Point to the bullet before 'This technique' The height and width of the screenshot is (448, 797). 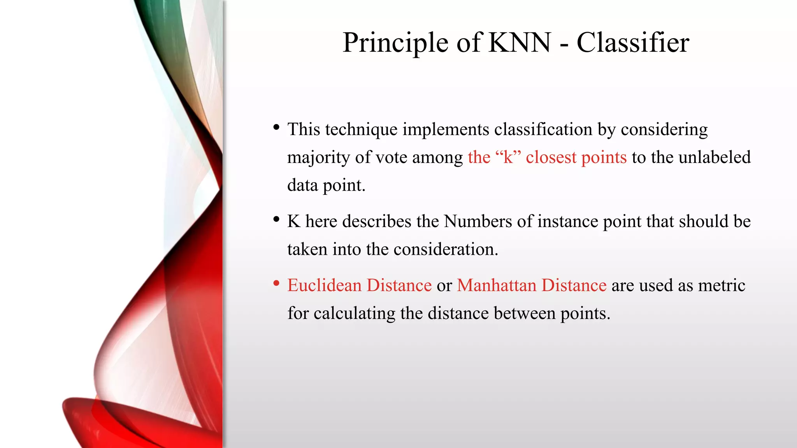276,127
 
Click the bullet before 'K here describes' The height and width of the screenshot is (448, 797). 276,219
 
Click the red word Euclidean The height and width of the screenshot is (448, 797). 325,285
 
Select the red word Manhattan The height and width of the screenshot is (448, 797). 497,285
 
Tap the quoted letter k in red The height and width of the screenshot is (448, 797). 508,157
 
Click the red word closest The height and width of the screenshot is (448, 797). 551,157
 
